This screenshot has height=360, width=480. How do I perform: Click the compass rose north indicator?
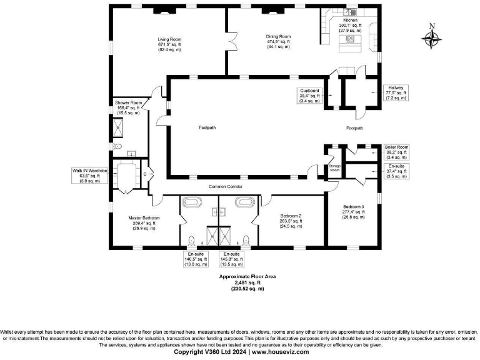pyautogui.click(x=432, y=37)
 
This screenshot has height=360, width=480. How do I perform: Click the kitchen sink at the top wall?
pyautogui.click(x=351, y=12)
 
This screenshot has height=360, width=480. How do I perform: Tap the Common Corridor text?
pyautogui.click(x=226, y=187)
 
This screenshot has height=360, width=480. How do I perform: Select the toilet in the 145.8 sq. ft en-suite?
pyautogui.click(x=246, y=239)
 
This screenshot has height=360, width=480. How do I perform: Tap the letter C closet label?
pyautogui.click(x=145, y=174)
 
